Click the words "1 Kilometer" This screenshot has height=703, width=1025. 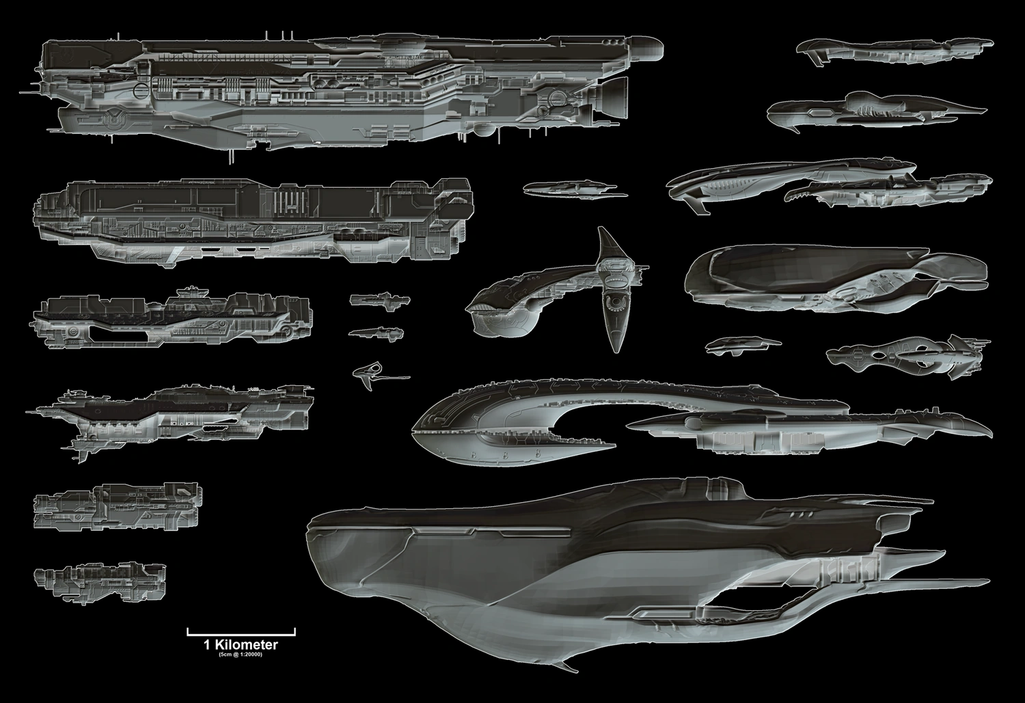(x=241, y=644)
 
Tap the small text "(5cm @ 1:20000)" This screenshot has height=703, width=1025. (x=241, y=654)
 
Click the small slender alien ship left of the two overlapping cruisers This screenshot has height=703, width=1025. (x=569, y=187)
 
